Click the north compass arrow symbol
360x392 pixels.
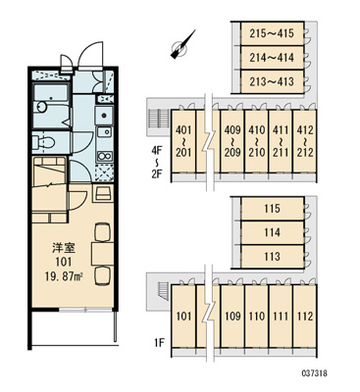coord(182,45)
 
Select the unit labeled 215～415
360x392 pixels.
coord(272,33)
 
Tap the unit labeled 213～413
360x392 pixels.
coord(272,81)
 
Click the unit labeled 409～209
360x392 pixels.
coord(232,141)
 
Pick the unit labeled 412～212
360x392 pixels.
coord(305,141)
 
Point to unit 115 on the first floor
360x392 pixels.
coord(272,208)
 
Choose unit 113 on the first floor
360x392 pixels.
coord(272,257)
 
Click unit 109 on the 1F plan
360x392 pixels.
coord(232,316)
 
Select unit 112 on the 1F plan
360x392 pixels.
coord(305,316)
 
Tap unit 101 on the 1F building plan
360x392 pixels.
coord(183,316)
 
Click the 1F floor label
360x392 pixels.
coord(159,343)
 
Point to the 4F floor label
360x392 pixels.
coord(157,151)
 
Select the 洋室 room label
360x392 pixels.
coord(64,248)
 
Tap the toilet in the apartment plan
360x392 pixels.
coord(43,142)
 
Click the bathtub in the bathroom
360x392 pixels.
coord(51,93)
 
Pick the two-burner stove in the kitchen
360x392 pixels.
coord(104,156)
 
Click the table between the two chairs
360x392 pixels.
coord(103,254)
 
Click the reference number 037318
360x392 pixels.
coord(314,373)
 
